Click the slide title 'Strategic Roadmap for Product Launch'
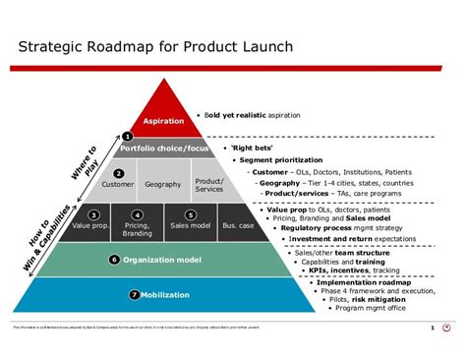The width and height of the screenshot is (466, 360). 158,47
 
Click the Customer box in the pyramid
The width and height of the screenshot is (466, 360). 119,184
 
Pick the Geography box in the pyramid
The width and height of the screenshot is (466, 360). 163,184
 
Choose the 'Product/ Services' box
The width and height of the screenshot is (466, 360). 208,184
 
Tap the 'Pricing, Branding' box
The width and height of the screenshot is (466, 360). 137,225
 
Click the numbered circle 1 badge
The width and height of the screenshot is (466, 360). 127,136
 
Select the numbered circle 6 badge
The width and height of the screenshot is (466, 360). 115,260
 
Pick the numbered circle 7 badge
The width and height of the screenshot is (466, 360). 135,294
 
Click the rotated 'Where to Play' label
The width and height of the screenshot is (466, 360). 85,161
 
